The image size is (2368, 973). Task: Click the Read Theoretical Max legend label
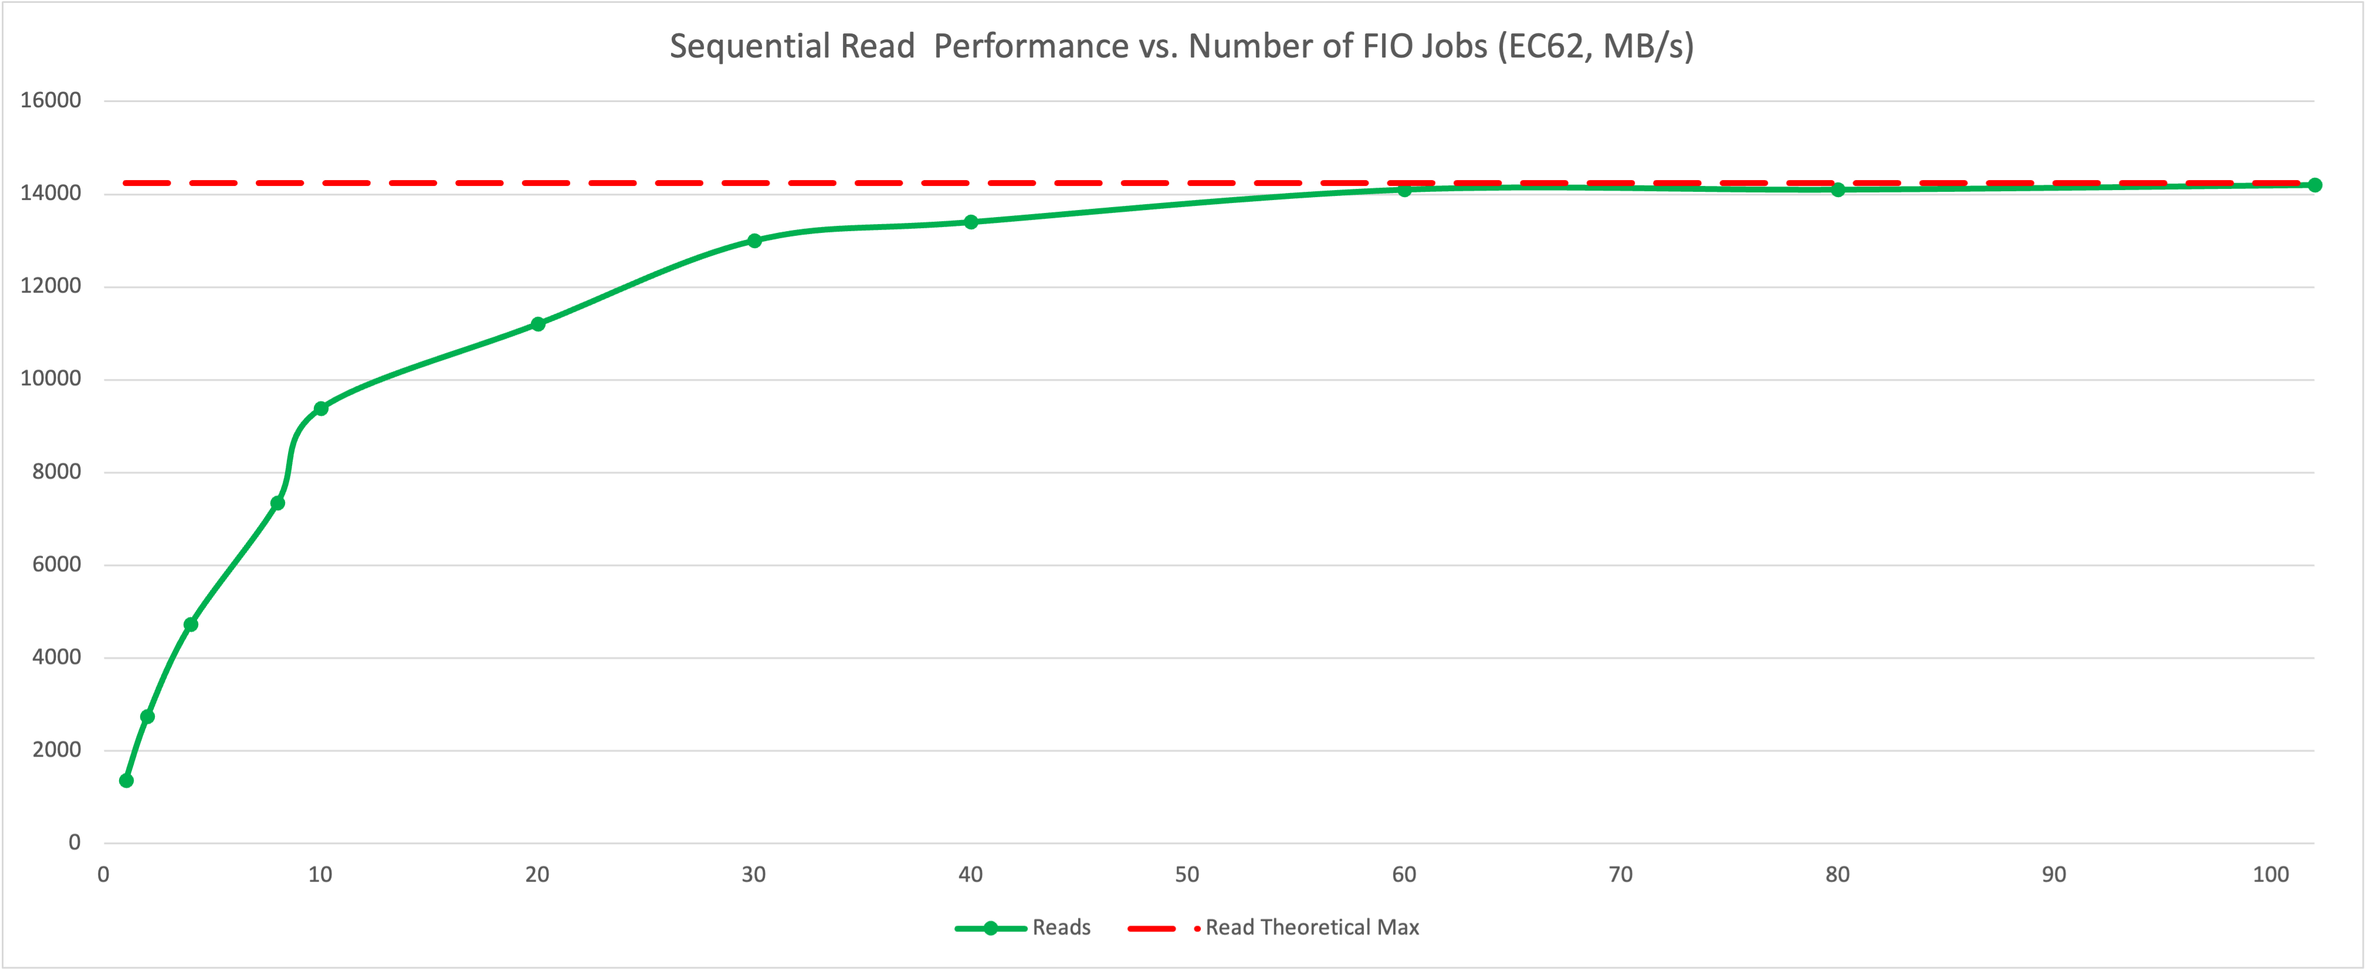(x=1312, y=927)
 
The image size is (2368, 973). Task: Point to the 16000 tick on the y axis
(x=50, y=100)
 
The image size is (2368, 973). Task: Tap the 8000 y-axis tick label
(x=56, y=472)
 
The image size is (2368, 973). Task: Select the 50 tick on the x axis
(x=1187, y=874)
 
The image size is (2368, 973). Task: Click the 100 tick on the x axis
(x=2271, y=874)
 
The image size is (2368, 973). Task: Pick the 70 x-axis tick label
(x=1621, y=874)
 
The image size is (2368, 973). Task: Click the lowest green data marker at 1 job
(x=127, y=781)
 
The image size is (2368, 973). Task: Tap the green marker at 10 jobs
(x=321, y=409)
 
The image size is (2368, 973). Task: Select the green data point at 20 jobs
(x=538, y=324)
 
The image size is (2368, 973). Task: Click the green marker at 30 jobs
(x=755, y=240)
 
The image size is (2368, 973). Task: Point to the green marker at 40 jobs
(x=971, y=222)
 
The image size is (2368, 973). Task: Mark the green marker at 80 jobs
(x=1838, y=190)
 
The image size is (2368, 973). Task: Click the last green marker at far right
(x=2315, y=185)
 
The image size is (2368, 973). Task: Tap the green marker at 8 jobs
(x=277, y=503)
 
